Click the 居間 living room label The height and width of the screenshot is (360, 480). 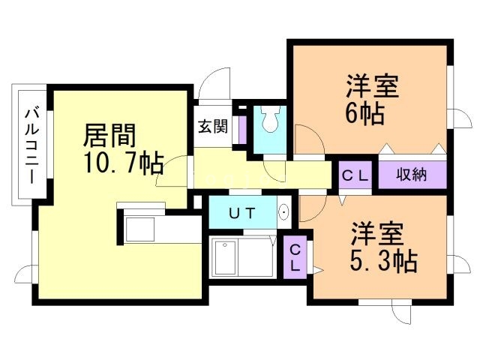point(109,136)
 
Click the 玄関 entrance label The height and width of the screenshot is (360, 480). point(212,126)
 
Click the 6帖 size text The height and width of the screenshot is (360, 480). point(365,115)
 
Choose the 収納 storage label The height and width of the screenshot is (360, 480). point(412,175)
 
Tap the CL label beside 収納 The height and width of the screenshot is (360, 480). point(355,175)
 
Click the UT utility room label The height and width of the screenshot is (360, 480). point(241,213)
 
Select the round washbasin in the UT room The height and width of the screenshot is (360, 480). point(284,213)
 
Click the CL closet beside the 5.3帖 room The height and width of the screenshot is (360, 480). point(295,257)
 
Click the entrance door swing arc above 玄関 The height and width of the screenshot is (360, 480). point(217,83)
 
